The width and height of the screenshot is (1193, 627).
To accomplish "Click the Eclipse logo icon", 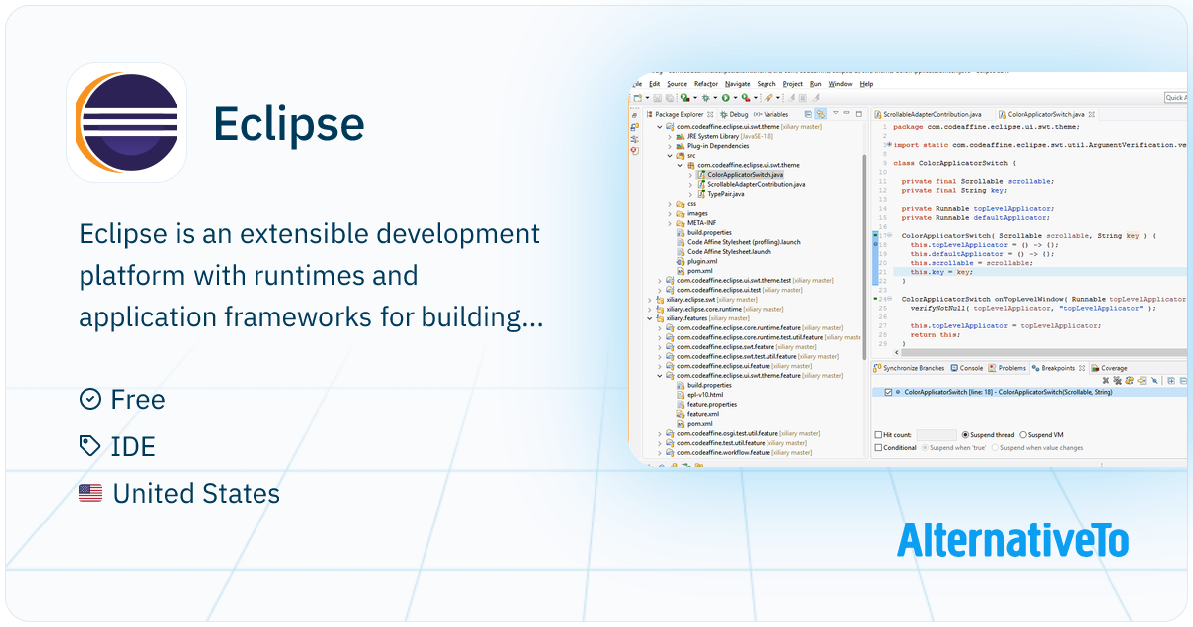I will coord(126,121).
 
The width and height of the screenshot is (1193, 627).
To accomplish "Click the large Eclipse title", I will coord(288,123).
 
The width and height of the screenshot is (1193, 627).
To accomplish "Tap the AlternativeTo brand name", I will coord(1013,540).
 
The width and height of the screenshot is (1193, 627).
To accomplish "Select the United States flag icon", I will coord(90,493).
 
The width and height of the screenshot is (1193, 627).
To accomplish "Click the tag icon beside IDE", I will coord(90,446).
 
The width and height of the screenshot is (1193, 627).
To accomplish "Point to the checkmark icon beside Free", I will coord(90,399).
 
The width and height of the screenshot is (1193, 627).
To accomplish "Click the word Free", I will coord(138,399).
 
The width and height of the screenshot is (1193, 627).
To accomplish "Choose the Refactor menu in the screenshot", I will coord(706,84).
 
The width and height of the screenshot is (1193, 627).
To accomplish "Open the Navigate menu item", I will coord(738,84).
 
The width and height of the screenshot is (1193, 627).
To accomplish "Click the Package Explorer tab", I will coord(679,114).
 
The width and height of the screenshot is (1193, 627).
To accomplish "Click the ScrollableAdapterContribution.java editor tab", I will coord(933,115).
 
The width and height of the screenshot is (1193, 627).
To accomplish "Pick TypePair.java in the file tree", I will coord(724,193).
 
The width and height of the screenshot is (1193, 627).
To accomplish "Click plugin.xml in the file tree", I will coord(702,261).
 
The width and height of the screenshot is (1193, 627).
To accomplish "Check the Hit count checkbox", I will coord(877,435).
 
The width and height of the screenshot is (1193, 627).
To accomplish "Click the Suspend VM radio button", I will coord(1023,435).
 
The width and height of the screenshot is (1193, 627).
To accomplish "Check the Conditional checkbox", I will coord(877,448).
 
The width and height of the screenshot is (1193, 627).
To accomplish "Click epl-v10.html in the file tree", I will coord(705,395).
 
